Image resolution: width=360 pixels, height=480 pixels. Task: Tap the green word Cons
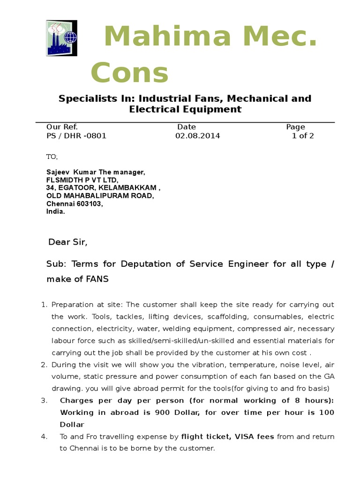[129, 73]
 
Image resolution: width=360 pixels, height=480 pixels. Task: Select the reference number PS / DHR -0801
[76, 136]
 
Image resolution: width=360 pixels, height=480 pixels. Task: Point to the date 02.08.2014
[197, 136]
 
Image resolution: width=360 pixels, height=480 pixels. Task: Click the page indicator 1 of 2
[303, 136]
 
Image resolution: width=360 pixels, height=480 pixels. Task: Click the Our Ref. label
[62, 127]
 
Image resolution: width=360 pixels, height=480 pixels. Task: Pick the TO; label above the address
[52, 156]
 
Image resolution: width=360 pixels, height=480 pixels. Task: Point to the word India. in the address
[56, 211]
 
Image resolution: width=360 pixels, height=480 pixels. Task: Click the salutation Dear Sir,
[68, 242]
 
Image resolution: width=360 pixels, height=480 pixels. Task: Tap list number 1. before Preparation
[45, 305]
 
